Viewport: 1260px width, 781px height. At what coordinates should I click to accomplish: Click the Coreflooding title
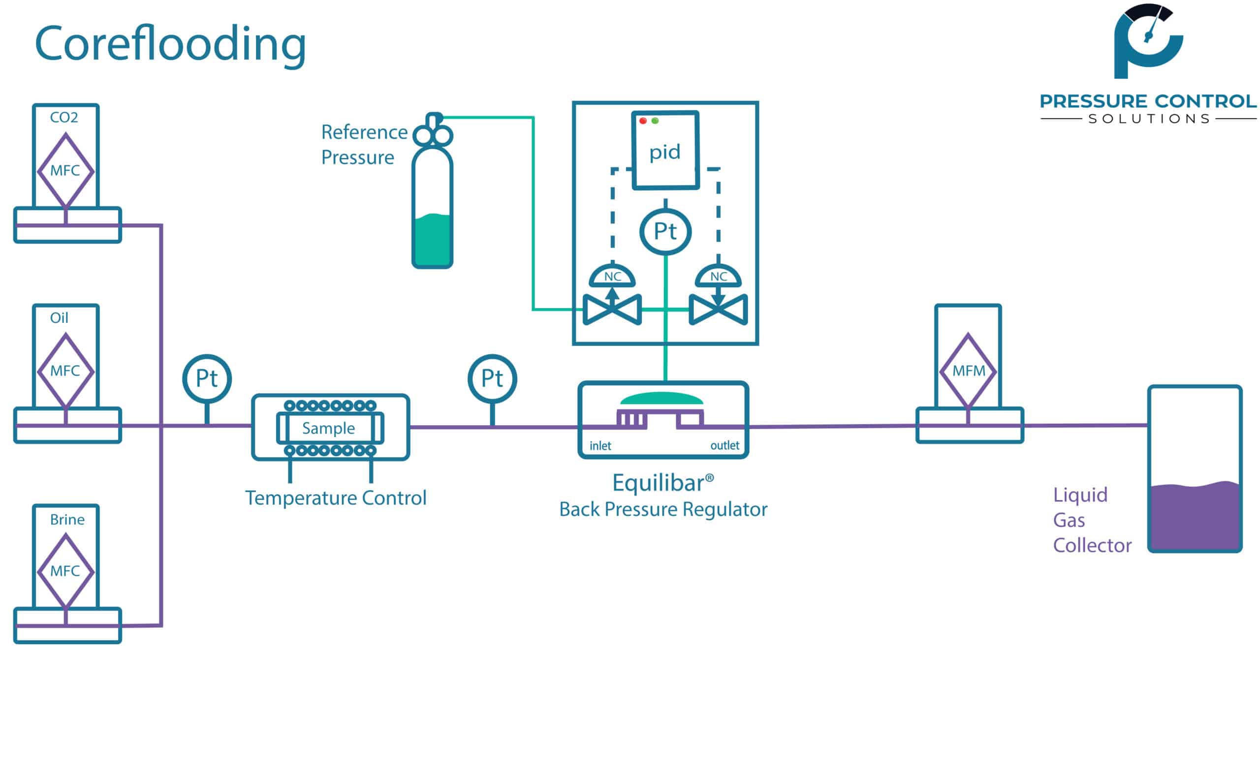point(170,44)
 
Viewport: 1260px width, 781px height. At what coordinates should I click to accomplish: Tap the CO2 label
point(64,117)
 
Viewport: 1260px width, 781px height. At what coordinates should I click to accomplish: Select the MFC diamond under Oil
point(65,371)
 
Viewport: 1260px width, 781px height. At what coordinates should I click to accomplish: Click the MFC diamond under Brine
point(65,571)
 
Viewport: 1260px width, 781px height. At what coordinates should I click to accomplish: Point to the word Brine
point(67,519)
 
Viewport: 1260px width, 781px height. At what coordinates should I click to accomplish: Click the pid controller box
point(665,151)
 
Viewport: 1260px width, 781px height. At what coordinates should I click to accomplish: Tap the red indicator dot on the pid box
point(643,121)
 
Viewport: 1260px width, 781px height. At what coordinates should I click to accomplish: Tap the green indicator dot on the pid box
point(655,121)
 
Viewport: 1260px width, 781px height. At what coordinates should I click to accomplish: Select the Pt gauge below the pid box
point(665,231)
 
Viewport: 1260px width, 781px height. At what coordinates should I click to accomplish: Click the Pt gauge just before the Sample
point(207,378)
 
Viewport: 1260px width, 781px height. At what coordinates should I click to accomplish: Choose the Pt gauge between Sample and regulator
point(492,378)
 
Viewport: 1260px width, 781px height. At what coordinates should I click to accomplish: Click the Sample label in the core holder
point(329,428)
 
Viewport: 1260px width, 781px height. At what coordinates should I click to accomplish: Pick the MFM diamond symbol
point(968,371)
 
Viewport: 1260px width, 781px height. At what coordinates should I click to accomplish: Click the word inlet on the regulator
point(600,446)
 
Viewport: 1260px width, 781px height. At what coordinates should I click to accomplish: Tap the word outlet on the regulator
point(724,445)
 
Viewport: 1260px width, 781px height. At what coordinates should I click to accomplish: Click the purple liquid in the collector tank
point(1195,517)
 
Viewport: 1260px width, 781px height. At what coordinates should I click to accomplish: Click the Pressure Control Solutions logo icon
point(1148,41)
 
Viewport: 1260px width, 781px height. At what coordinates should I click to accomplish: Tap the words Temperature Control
point(336,498)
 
